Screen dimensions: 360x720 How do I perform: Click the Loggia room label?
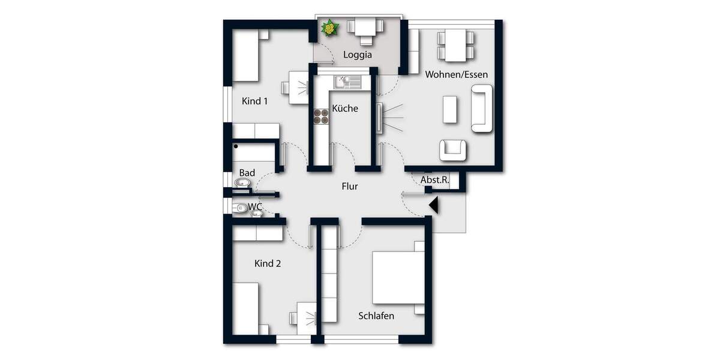click(358, 55)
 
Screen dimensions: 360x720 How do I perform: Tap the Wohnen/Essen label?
click(456, 74)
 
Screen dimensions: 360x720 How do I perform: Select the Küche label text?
click(345, 109)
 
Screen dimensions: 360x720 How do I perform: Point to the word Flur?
click(349, 187)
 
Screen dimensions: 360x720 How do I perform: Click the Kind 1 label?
click(254, 101)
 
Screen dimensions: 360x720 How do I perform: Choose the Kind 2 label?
click(268, 263)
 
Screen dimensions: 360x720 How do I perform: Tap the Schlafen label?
click(376, 316)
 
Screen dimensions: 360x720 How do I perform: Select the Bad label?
click(247, 173)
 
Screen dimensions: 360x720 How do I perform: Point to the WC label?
click(256, 206)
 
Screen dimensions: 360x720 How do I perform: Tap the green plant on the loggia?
click(329, 28)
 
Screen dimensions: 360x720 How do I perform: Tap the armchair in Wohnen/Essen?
click(453, 150)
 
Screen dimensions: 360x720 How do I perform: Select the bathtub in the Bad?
click(255, 153)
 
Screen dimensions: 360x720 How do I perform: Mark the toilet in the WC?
click(242, 208)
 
